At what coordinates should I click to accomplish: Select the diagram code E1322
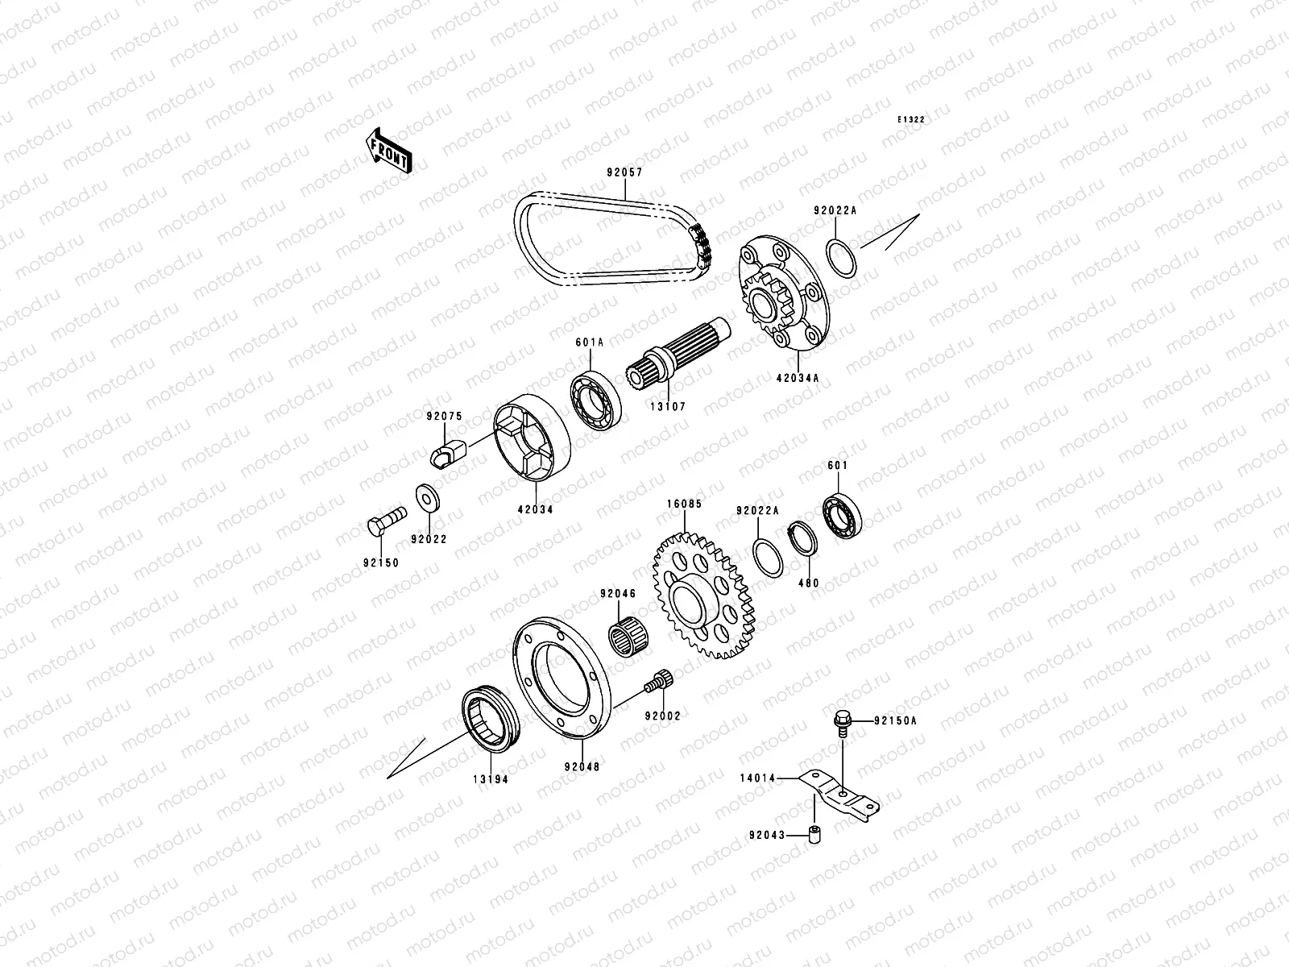click(x=912, y=119)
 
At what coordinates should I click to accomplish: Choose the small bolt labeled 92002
click(x=659, y=682)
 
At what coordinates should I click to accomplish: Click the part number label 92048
click(x=582, y=767)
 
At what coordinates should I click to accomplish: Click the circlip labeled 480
click(x=802, y=539)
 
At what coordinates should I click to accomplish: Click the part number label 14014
click(x=757, y=778)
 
